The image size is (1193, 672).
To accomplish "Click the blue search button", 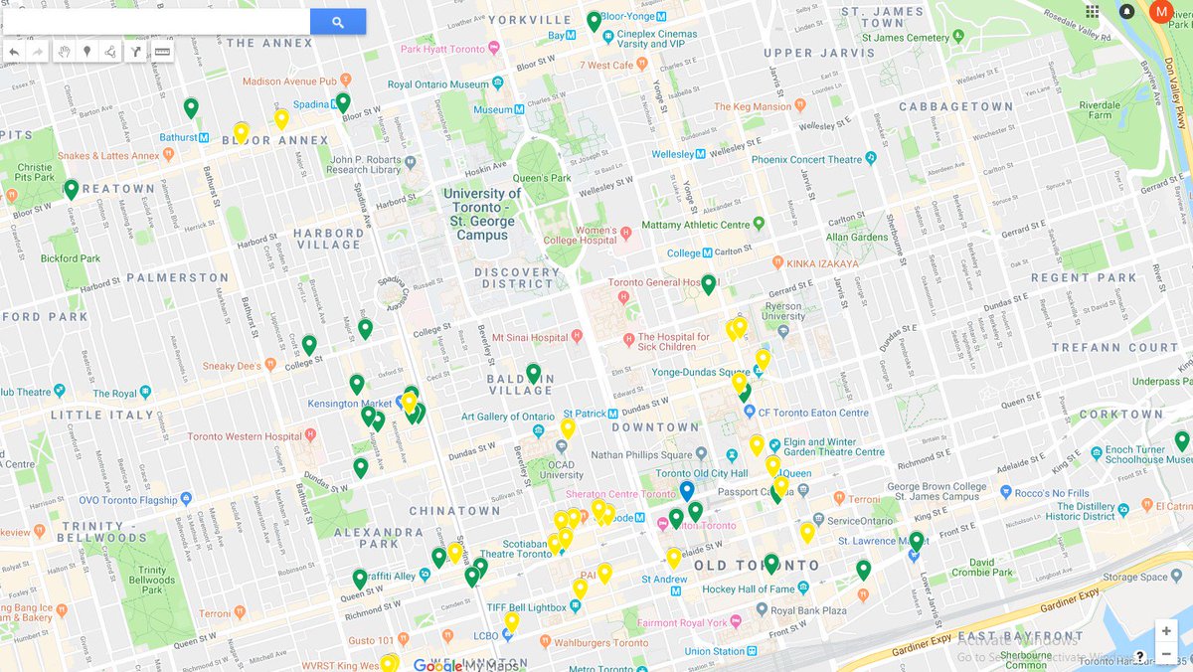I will (x=338, y=22).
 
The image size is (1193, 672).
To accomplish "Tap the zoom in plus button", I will (x=1165, y=631).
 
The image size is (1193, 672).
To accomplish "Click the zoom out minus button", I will (x=1165, y=654).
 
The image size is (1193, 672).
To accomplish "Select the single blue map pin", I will (x=686, y=491).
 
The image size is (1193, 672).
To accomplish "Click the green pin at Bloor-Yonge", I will (x=594, y=21).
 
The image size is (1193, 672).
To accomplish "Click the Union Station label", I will (x=714, y=651).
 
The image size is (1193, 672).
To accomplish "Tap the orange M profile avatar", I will (x=1161, y=12).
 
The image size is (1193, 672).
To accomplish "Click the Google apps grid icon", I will (x=1093, y=12).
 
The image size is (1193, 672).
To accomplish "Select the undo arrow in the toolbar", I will (x=14, y=52).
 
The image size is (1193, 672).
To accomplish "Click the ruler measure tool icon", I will (x=162, y=52).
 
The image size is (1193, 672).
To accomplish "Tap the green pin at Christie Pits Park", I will (x=71, y=189).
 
